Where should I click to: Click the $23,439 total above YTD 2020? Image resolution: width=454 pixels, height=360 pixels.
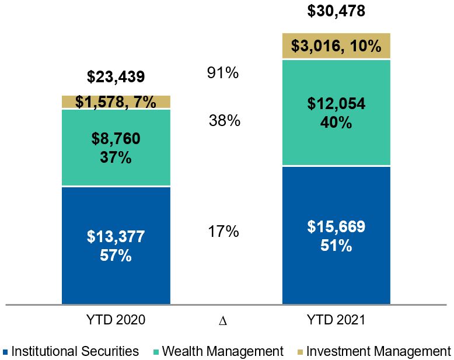(116, 77)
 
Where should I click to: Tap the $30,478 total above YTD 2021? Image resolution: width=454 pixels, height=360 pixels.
(336, 11)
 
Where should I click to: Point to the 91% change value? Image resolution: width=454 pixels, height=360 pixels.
(223, 74)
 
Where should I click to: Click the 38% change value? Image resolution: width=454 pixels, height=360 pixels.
(225, 121)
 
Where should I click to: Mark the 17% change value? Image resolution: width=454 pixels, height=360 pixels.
(223, 232)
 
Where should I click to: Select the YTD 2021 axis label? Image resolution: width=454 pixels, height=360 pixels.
(336, 320)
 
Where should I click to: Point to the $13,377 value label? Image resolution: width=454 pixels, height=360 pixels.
(116, 236)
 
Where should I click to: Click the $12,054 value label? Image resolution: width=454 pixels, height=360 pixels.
(336, 104)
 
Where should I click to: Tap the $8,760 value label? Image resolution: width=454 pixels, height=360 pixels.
(116, 139)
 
